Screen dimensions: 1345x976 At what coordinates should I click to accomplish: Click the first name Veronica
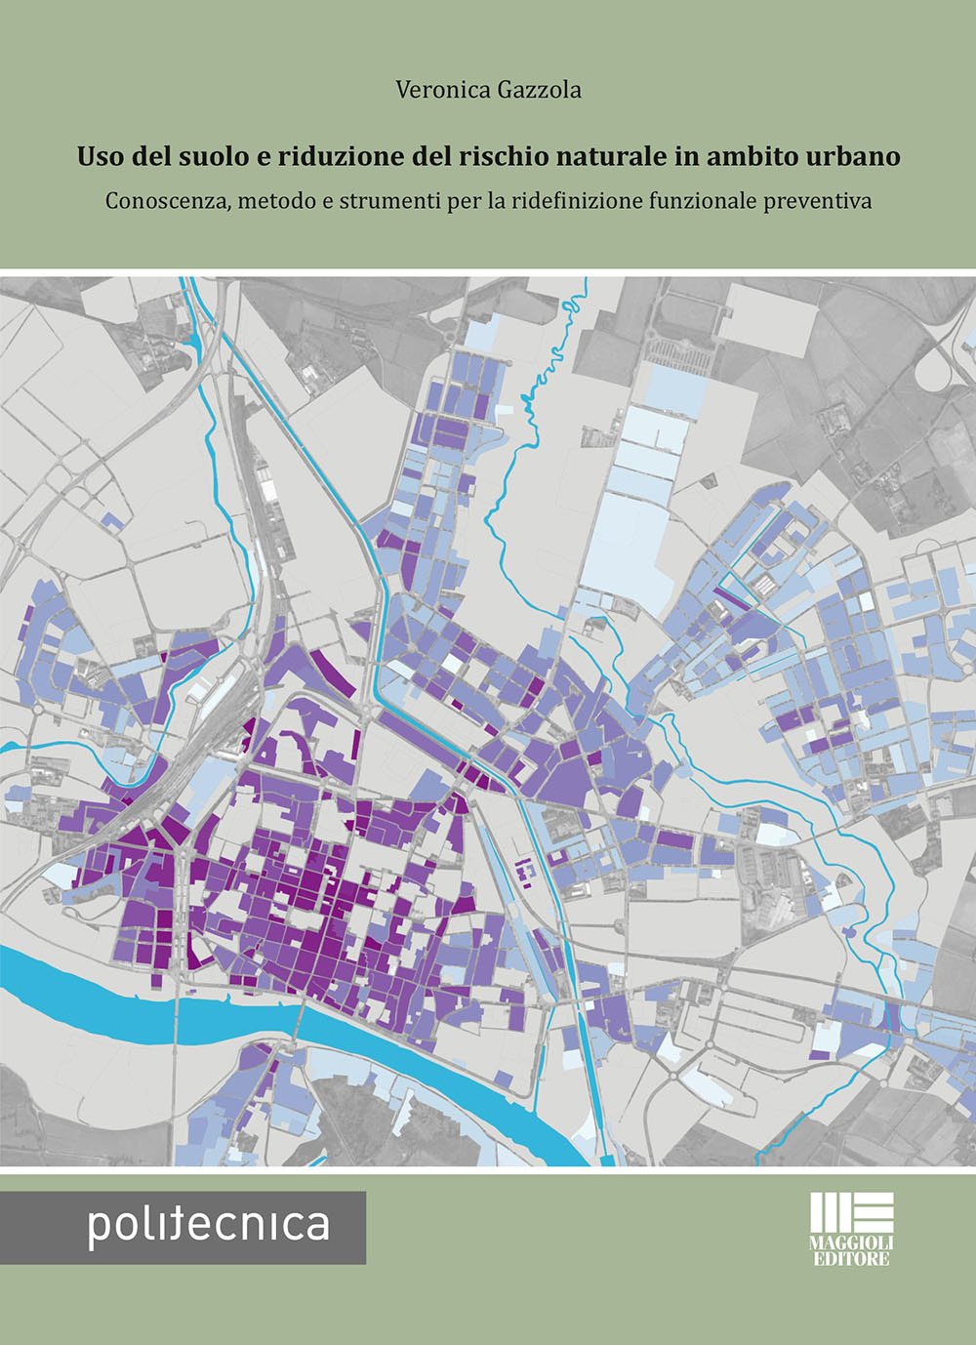(x=443, y=90)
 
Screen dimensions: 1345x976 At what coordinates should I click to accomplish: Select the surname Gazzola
(x=539, y=90)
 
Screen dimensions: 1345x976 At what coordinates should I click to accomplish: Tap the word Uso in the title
(x=99, y=156)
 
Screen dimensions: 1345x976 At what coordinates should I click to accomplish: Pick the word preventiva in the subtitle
(x=818, y=201)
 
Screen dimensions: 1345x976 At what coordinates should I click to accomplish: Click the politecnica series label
(x=208, y=1226)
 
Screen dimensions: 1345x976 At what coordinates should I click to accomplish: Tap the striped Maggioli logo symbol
(x=851, y=1212)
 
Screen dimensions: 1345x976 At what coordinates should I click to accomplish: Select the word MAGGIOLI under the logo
(x=851, y=1243)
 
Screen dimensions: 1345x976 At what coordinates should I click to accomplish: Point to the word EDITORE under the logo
(x=851, y=1259)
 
